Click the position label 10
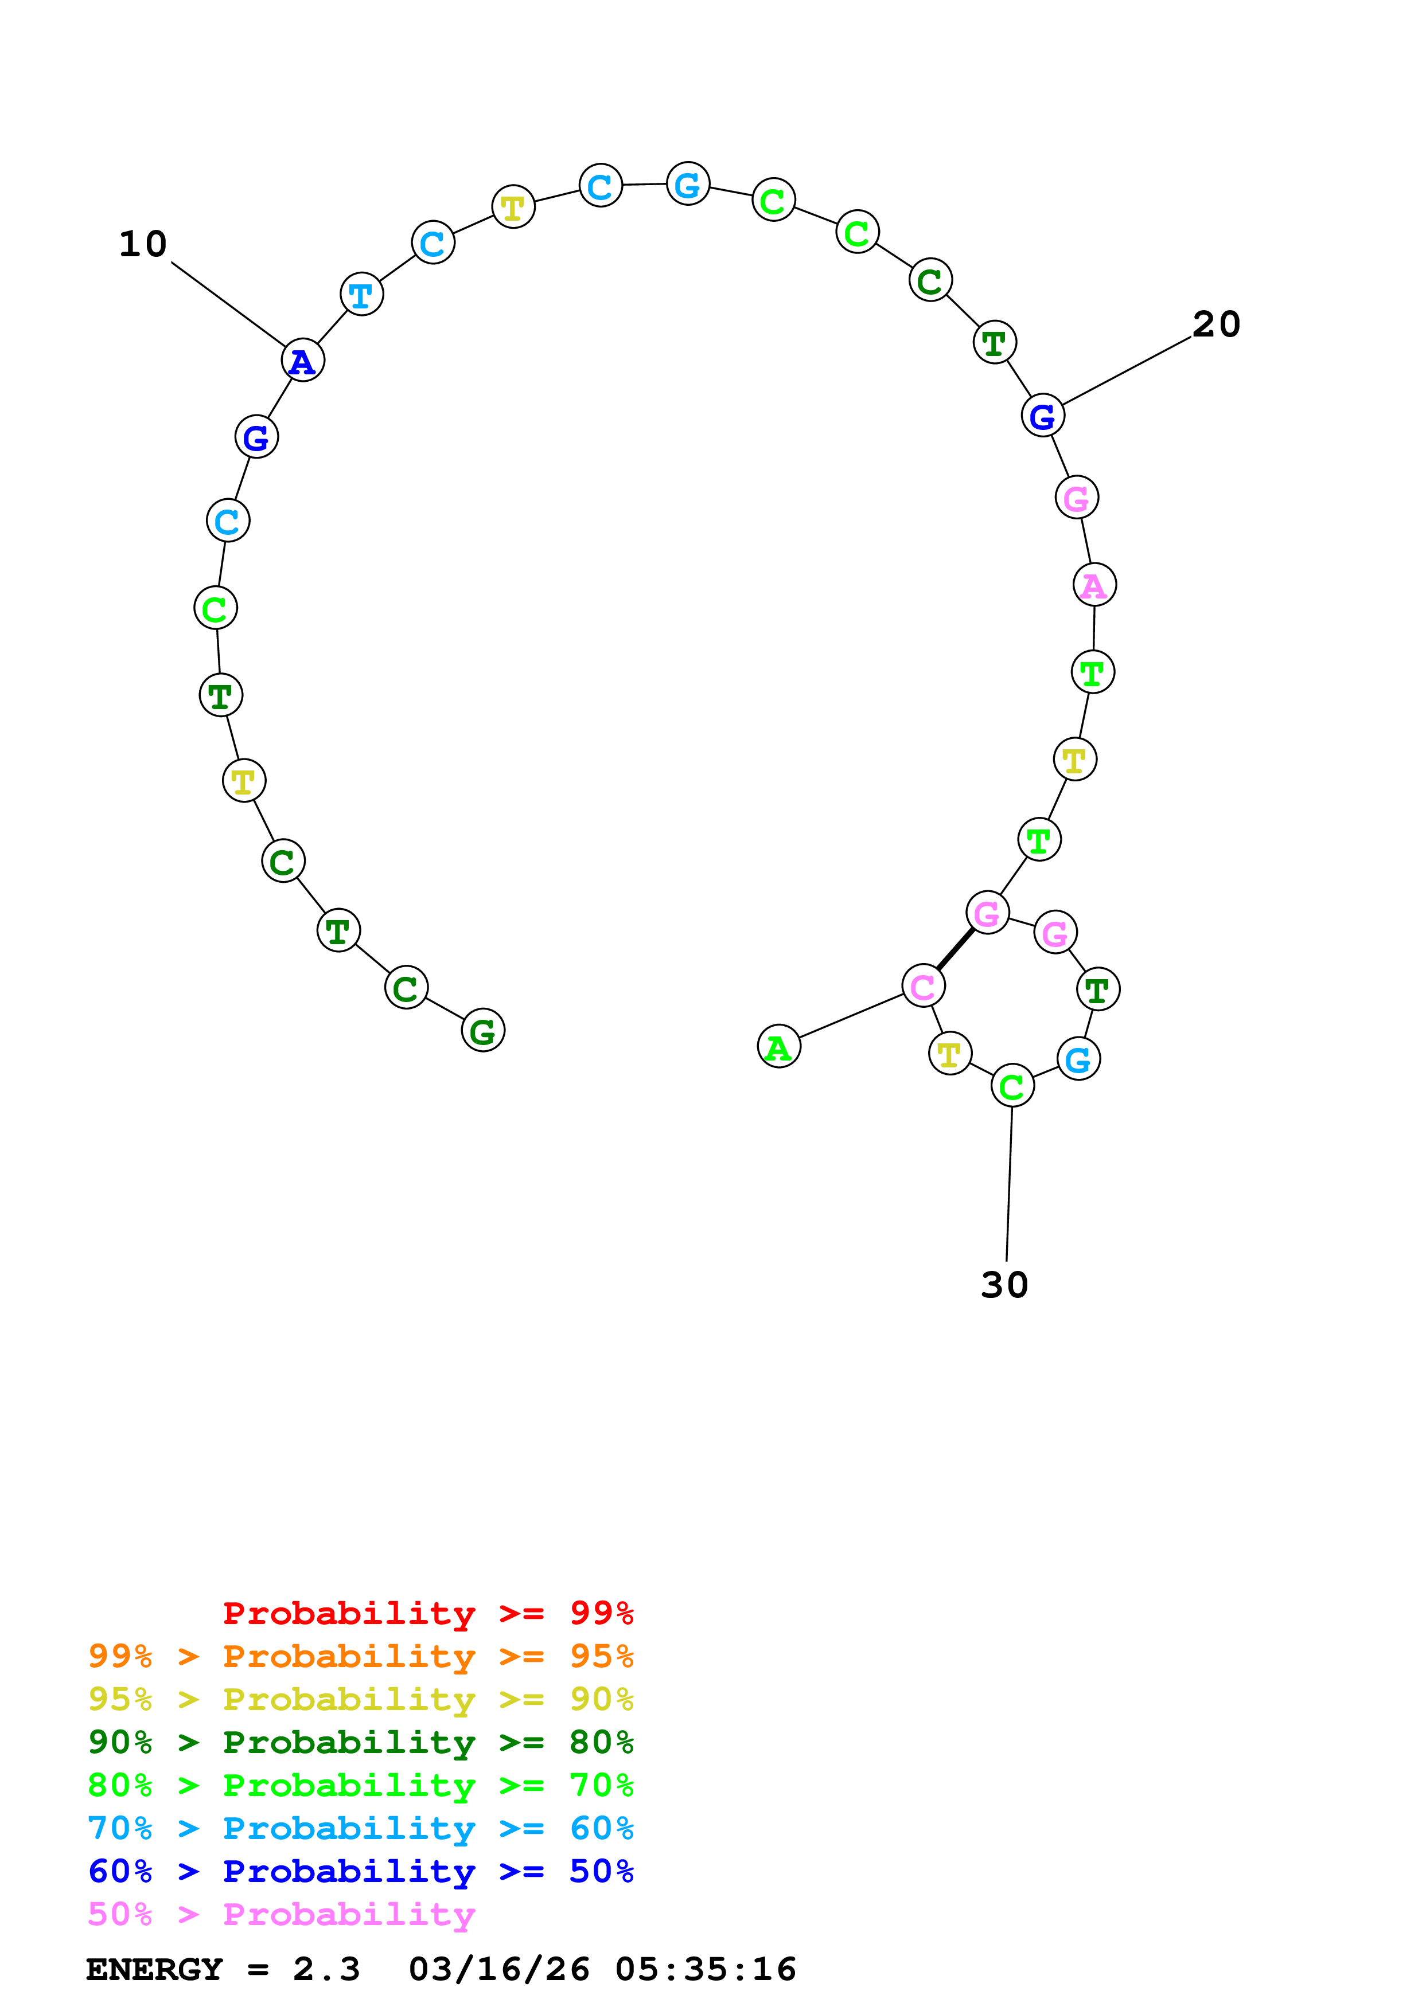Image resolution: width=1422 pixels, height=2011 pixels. (x=143, y=244)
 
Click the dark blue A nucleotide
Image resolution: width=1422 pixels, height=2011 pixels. (x=303, y=361)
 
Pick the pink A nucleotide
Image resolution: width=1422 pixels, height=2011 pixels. (x=1094, y=585)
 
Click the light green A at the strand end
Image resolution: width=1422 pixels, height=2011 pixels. (x=779, y=1047)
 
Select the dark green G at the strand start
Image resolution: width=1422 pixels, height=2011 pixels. (x=483, y=1031)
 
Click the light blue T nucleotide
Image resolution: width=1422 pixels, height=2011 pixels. (x=361, y=295)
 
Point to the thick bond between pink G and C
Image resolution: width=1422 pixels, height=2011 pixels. (x=955, y=949)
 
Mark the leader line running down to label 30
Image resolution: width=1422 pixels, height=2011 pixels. (x=1010, y=1183)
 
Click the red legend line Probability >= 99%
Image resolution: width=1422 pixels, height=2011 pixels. (x=427, y=1613)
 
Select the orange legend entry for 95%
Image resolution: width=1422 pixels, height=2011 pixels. (x=360, y=1656)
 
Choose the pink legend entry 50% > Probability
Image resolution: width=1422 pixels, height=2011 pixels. (x=281, y=1915)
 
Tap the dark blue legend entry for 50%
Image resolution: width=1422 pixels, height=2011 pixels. (x=360, y=1872)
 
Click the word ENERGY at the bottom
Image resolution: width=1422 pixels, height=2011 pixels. (x=154, y=1970)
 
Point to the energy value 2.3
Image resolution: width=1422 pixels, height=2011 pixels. (x=326, y=1970)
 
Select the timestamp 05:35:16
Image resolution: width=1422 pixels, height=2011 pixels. (x=706, y=1970)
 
